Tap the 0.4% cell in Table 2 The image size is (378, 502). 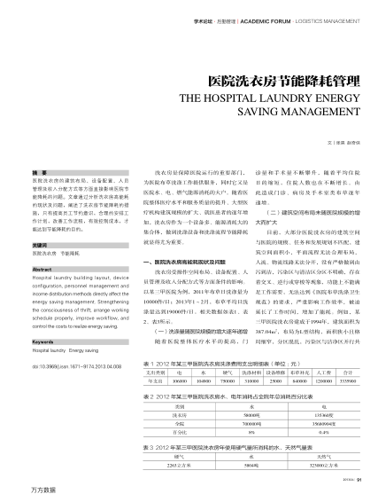(298, 433)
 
